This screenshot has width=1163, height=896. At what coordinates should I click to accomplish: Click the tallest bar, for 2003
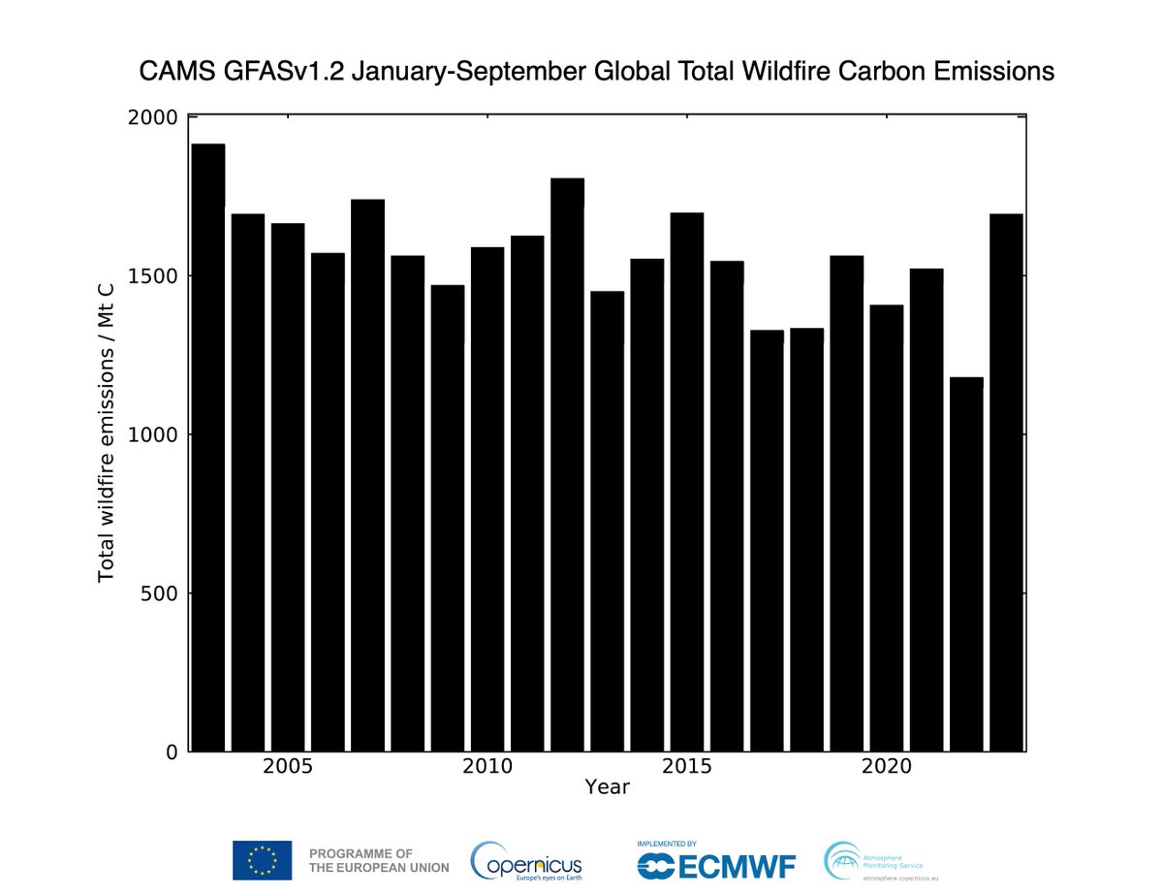(208, 447)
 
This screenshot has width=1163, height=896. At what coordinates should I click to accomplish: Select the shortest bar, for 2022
(966, 563)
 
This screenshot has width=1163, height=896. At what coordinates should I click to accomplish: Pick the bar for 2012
(567, 464)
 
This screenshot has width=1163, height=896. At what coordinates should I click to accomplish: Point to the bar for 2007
(367, 475)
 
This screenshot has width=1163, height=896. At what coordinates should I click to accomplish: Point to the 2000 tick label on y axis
(153, 117)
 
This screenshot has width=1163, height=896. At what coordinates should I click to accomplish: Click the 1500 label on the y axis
(153, 276)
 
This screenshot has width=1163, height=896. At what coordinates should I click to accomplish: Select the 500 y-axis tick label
(159, 593)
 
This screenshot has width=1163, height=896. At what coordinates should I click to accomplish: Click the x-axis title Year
(607, 786)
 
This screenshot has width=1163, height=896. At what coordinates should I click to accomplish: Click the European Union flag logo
(262, 860)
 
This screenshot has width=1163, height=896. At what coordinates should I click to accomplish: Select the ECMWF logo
(715, 860)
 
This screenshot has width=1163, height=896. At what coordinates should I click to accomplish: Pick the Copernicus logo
(526, 860)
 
